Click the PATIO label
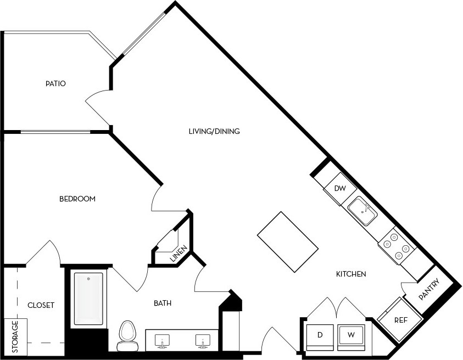55,83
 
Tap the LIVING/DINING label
214,131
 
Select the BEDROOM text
77,199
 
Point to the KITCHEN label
351,274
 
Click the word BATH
163,303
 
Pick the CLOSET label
41,305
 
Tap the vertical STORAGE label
15,337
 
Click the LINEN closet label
178,254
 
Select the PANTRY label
429,289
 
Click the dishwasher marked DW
340,189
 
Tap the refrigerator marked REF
401,320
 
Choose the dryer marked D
320,335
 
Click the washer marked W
351,335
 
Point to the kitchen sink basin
362,211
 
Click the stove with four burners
397,245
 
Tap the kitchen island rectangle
288,242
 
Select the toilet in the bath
127,336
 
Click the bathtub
88,299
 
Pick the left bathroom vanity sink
163,341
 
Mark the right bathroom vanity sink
203,341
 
